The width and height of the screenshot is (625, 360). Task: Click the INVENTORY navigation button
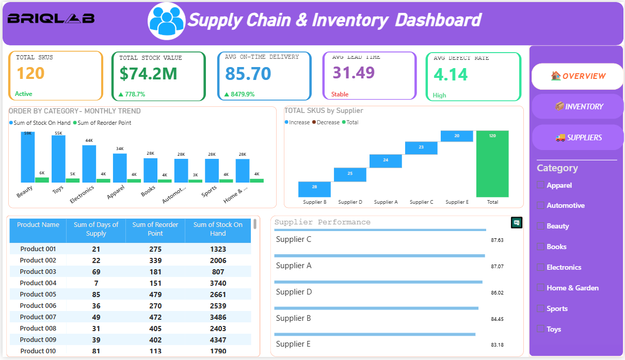coord(578,106)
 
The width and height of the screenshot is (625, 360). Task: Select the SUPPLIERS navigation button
coord(578,137)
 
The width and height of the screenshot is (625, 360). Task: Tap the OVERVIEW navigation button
coord(578,76)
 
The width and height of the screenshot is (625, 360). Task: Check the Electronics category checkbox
coord(540,267)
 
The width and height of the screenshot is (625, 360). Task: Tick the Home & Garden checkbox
coord(540,288)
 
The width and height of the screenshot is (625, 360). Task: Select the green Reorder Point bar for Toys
coord(73,180)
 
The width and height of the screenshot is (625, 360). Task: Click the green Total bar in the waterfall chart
coord(492,163)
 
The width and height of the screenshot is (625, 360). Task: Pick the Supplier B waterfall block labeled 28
coord(314,189)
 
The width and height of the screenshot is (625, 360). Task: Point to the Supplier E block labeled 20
coord(457,136)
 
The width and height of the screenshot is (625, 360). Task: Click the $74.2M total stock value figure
coord(149,74)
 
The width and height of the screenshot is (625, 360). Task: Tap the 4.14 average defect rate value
coord(451,75)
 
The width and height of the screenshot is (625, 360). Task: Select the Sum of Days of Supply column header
coord(96,229)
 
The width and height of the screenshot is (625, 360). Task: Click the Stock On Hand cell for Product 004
coord(218,283)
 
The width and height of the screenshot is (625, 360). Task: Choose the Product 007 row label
coord(38,317)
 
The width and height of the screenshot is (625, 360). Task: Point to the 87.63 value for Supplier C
coord(497,240)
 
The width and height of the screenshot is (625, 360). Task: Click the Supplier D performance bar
coord(378,282)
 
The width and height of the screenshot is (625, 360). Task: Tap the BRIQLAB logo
coord(51,19)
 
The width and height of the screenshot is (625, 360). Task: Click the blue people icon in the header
coord(166,21)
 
